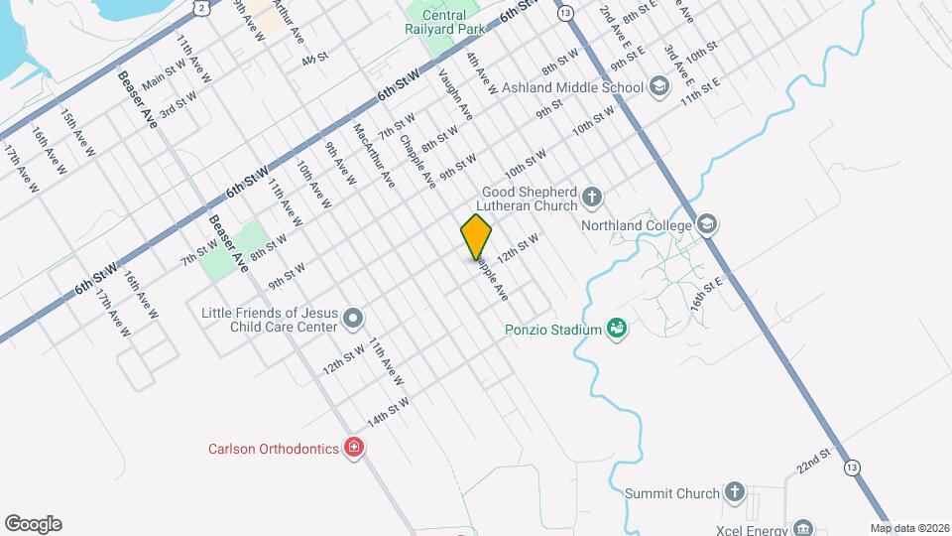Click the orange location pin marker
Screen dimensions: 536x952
[476, 236]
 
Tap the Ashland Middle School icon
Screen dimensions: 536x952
[657, 87]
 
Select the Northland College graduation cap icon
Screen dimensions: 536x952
[706, 223]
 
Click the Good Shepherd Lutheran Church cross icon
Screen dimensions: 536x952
[591, 196]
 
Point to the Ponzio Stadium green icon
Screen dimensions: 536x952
[617, 329]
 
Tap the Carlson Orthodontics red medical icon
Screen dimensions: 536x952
[352, 449]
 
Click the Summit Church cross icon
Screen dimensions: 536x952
[734, 492]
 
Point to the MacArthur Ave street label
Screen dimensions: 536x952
[374, 155]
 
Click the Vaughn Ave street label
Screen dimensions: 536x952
[456, 95]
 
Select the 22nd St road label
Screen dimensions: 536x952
[812, 461]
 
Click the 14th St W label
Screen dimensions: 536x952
[388, 412]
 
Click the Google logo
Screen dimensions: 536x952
[33, 524]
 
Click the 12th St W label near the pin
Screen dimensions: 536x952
[517, 248]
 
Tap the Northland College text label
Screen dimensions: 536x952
[636, 226]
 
